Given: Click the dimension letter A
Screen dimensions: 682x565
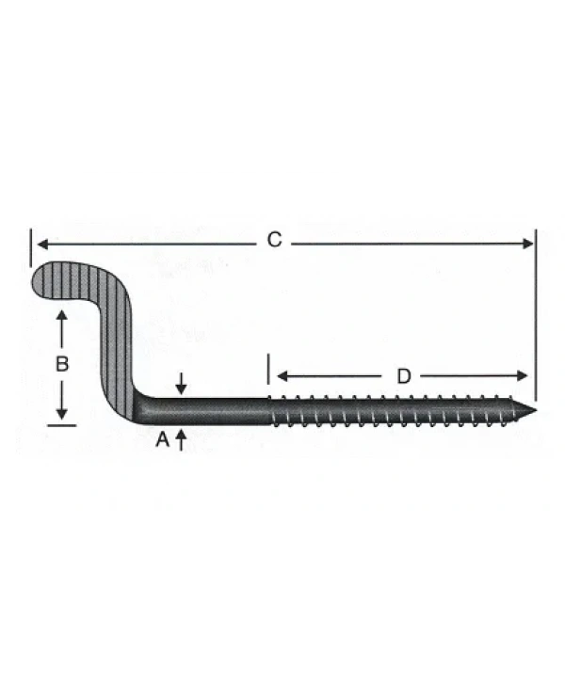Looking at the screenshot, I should pyautogui.click(x=161, y=439).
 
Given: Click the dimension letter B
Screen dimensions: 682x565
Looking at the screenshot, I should pyautogui.click(x=61, y=365).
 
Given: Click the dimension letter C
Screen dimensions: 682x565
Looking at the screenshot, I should pyautogui.click(x=274, y=241).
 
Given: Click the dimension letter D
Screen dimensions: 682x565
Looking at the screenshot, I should pyautogui.click(x=403, y=376).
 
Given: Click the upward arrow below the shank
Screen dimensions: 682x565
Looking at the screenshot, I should pyautogui.click(x=181, y=438).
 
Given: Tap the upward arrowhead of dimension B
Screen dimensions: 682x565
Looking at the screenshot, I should pyautogui.click(x=62, y=318).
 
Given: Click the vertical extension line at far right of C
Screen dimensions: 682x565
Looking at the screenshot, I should pyautogui.click(x=534, y=310).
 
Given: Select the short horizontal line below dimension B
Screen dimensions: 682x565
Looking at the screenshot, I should pyautogui.click(x=61, y=425).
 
